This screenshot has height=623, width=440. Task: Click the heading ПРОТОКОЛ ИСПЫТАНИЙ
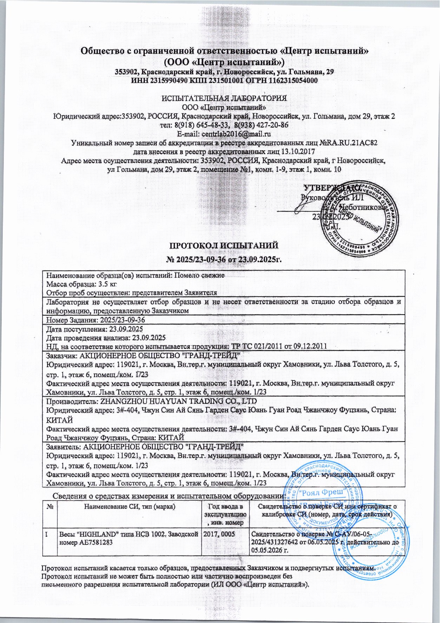coord(224,245)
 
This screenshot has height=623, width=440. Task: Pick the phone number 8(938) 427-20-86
coord(261,125)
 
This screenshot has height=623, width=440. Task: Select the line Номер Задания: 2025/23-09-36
coord(96,320)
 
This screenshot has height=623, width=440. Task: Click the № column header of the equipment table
coord(49,506)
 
